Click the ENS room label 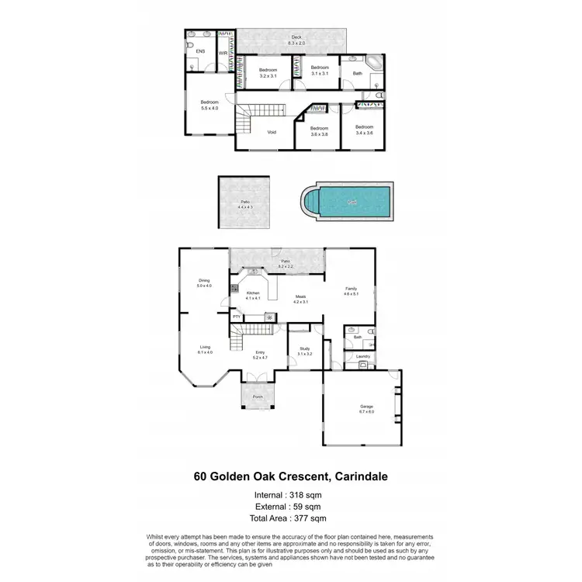[200, 51]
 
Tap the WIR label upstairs [223, 53]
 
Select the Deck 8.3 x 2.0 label [296, 40]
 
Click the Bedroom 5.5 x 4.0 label [210, 106]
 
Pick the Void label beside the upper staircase [272, 132]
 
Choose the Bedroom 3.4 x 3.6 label [365, 130]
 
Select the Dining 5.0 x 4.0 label [204, 283]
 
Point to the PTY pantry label [237, 317]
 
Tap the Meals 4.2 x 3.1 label [300, 299]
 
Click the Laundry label [362, 357]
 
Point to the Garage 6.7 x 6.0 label [366, 409]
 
